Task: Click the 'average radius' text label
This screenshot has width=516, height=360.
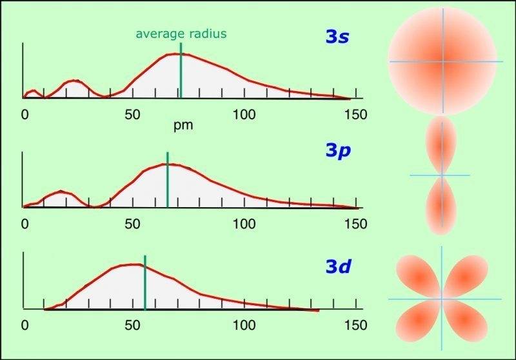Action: [181, 34]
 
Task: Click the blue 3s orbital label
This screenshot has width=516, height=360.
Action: [337, 37]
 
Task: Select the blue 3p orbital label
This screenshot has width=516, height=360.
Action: [337, 151]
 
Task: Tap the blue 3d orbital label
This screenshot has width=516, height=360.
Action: [337, 266]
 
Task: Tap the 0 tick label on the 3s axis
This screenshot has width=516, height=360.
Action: [25, 115]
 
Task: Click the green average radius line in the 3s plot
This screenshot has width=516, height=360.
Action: [181, 71]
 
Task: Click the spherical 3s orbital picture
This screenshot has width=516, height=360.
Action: [442, 61]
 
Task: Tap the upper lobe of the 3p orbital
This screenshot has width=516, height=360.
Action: [442, 145]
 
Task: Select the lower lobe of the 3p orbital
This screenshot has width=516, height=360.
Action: [442, 205]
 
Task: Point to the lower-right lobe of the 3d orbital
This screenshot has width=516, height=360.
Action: [466, 320]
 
